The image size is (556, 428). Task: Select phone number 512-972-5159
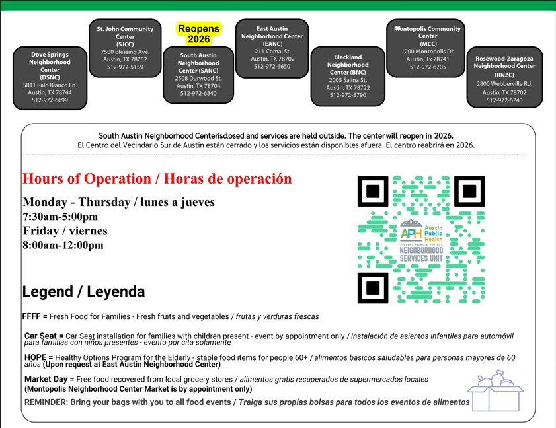(x=125, y=67)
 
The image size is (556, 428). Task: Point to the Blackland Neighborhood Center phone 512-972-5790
(x=348, y=96)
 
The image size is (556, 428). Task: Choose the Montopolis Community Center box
(x=426, y=48)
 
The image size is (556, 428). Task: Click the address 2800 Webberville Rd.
(x=504, y=84)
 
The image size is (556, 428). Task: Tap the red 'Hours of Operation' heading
(x=157, y=179)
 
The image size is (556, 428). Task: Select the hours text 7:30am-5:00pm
(x=60, y=217)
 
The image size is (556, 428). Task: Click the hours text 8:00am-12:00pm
(x=63, y=245)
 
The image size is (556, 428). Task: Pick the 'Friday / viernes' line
(x=65, y=231)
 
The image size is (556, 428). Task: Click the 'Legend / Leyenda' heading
(x=83, y=291)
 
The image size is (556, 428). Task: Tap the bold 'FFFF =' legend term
(x=34, y=316)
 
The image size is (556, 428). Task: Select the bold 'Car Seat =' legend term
(x=44, y=336)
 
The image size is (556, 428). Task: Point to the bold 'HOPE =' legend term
(x=39, y=357)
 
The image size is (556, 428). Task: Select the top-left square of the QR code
(x=374, y=192)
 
